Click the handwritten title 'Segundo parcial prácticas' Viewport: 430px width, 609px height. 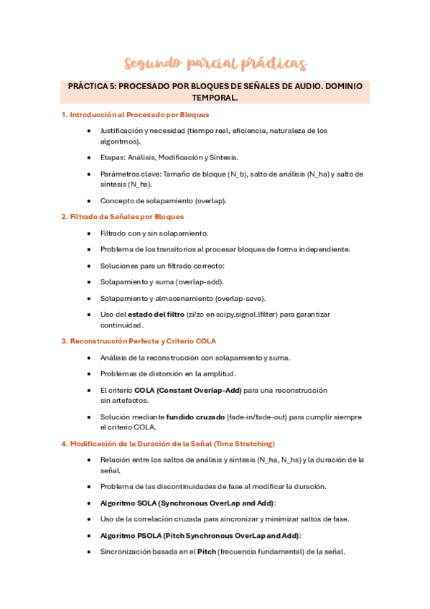click(x=215, y=64)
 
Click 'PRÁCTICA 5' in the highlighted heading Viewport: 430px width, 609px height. click(x=91, y=86)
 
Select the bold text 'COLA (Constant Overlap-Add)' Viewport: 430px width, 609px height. click(x=187, y=391)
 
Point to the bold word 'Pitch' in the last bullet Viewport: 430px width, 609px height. click(x=207, y=552)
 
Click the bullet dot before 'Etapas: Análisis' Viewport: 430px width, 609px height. click(x=88, y=157)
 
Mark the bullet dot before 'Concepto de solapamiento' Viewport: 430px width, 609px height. click(x=88, y=201)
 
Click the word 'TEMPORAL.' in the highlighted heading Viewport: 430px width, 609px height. click(x=215, y=98)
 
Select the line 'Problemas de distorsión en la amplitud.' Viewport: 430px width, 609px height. click(x=168, y=373)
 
